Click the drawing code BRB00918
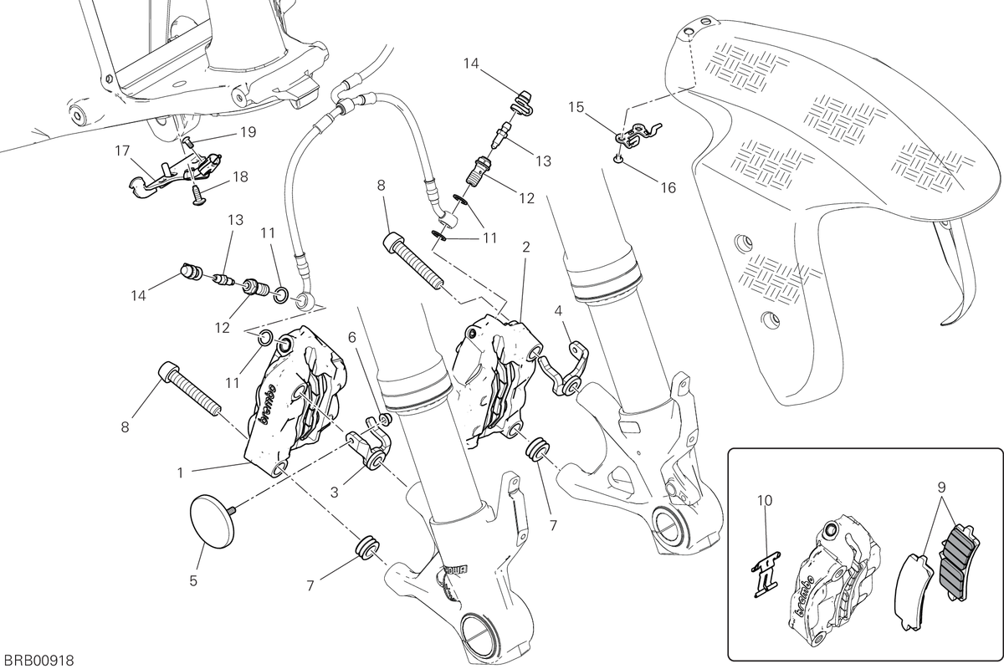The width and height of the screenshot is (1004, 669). [x=39, y=660]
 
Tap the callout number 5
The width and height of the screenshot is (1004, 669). [x=193, y=580]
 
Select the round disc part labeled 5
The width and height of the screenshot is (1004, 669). [x=213, y=521]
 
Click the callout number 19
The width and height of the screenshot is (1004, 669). [x=248, y=132]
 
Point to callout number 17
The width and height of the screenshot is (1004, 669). [x=122, y=151]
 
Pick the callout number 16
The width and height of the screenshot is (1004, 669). [x=668, y=188]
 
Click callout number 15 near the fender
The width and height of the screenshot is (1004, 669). [x=576, y=107]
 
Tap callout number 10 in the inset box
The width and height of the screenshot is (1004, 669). [x=765, y=501]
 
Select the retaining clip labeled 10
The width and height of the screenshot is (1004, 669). [x=766, y=574]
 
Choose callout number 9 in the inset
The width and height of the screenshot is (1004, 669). [x=941, y=486]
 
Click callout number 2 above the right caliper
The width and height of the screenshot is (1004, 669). [x=525, y=247]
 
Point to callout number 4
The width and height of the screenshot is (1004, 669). [x=557, y=310]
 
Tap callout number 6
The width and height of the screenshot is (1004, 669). [x=352, y=337]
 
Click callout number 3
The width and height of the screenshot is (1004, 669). [x=335, y=493]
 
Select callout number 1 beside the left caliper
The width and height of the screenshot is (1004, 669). [x=180, y=472]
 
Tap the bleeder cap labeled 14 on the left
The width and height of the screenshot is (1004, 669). [x=190, y=272]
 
